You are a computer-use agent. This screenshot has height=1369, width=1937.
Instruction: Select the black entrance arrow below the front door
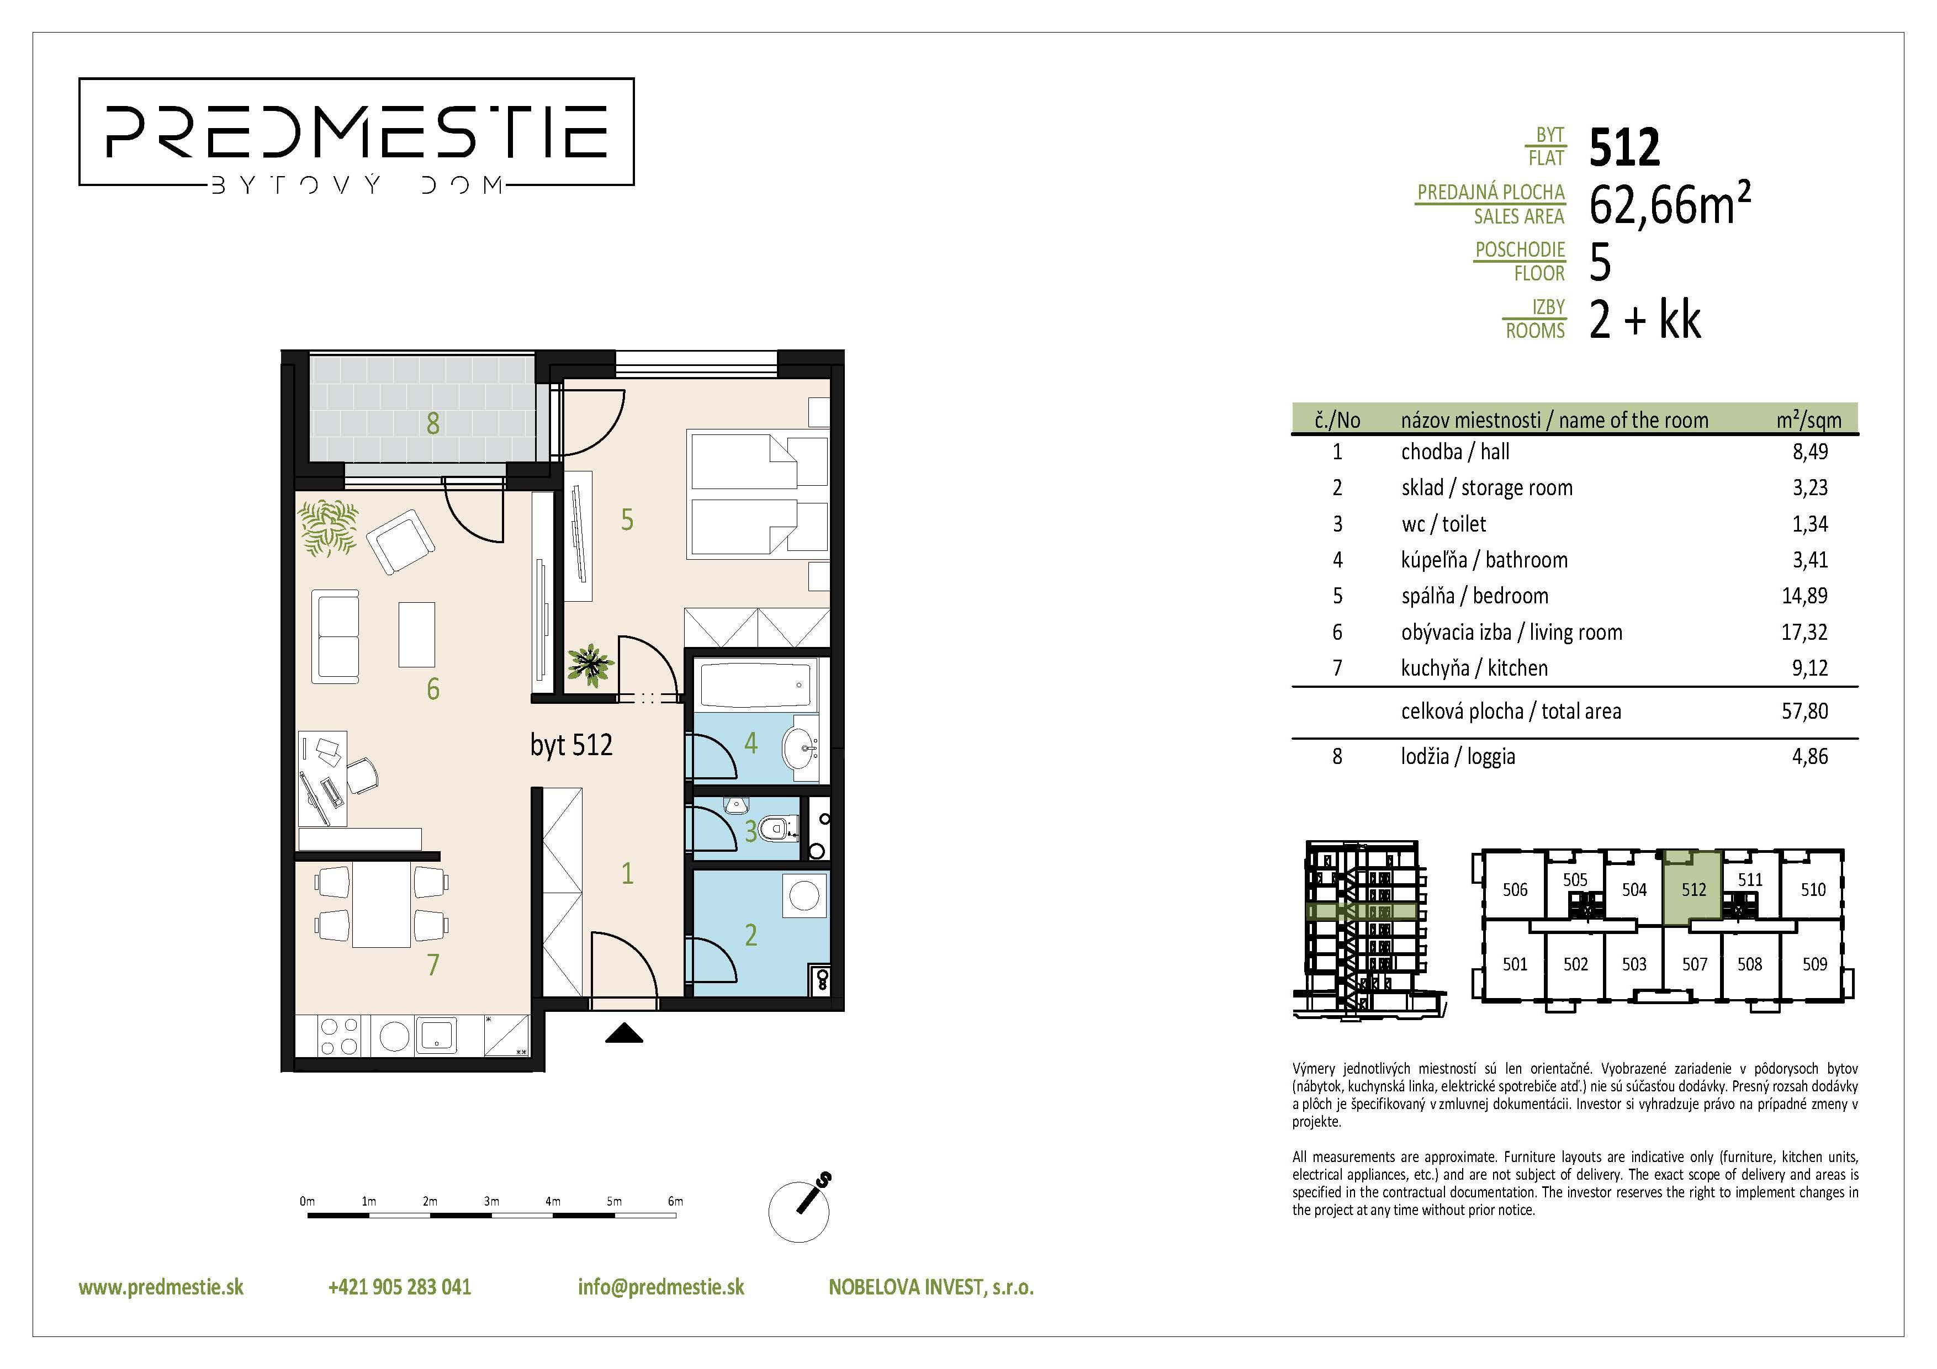click(625, 1033)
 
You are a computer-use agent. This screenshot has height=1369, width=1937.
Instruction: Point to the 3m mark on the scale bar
click(491, 1201)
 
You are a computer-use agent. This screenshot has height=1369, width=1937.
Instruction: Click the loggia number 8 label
click(433, 423)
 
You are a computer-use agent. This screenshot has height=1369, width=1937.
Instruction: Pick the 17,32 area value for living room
click(1804, 632)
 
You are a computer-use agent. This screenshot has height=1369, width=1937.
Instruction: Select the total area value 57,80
click(1804, 711)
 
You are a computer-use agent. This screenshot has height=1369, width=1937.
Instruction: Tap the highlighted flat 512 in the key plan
click(1693, 889)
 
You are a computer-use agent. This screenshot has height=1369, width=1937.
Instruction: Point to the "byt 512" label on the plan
click(571, 745)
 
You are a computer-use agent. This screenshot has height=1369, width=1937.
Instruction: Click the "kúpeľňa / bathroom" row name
click(1484, 560)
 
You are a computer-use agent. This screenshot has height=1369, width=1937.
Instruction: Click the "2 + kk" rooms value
click(1644, 321)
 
